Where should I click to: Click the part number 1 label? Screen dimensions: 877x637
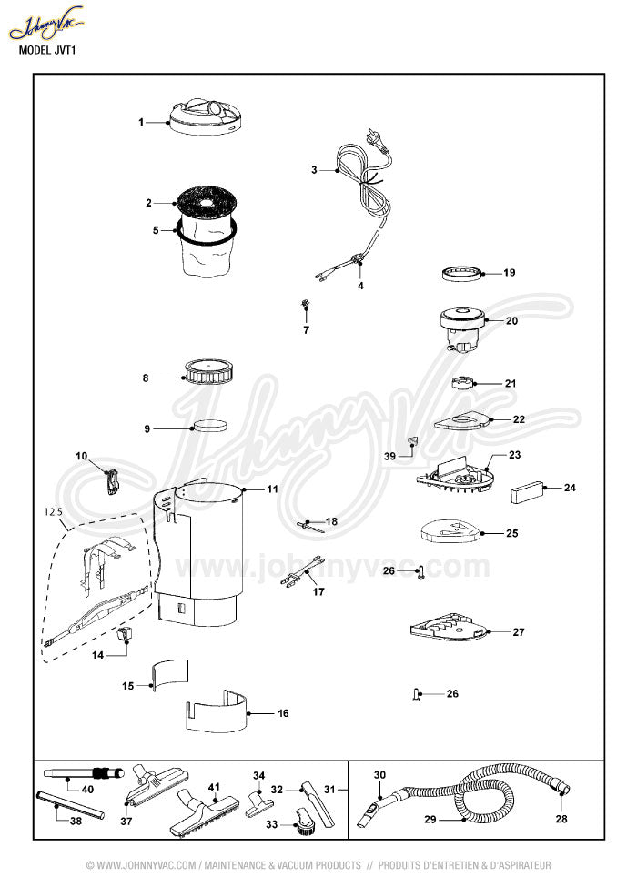tap(142, 121)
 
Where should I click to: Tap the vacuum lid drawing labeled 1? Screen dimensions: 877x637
tap(208, 117)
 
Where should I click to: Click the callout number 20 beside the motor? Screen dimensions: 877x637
tap(511, 321)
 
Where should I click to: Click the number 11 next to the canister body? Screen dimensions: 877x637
tap(272, 489)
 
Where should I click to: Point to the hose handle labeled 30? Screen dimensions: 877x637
tap(373, 804)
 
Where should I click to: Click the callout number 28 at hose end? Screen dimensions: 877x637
tap(561, 819)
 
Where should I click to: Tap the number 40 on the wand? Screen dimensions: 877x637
tap(87, 789)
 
